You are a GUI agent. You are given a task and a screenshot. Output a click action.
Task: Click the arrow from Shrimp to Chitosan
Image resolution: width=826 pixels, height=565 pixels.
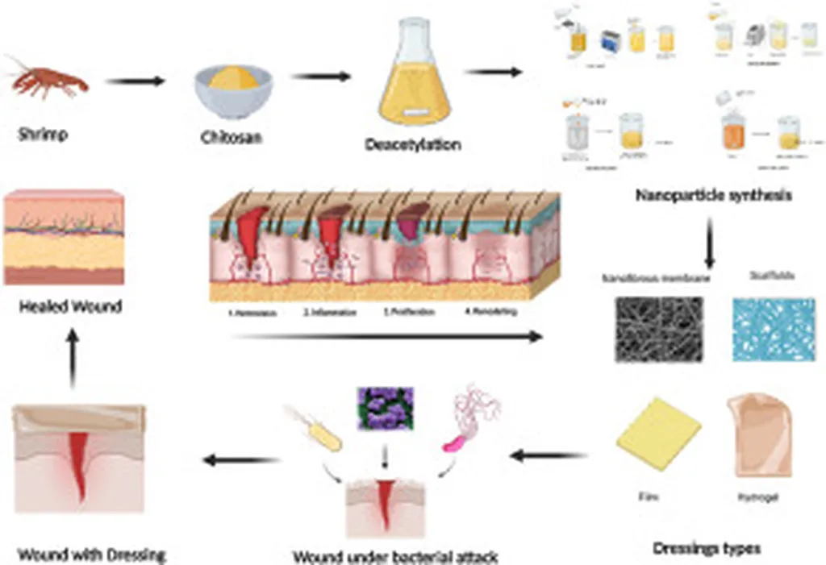pyautogui.click(x=135, y=81)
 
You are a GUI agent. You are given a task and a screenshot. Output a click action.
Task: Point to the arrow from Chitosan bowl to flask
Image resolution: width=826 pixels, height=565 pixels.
pyautogui.click(x=321, y=77)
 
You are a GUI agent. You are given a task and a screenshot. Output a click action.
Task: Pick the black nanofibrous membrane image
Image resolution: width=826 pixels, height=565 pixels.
pyautogui.click(x=658, y=326)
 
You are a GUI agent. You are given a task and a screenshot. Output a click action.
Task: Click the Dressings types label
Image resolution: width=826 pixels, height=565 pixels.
pyautogui.click(x=707, y=549)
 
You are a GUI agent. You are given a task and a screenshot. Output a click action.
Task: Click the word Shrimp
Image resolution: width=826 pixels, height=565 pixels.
pyautogui.click(x=43, y=135)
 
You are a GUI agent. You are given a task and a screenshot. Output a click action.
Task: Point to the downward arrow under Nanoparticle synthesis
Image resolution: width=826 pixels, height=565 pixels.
pyautogui.click(x=711, y=243)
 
